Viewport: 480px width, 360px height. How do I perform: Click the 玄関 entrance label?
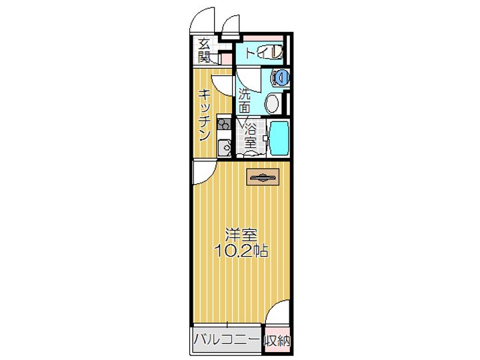pos(203,50)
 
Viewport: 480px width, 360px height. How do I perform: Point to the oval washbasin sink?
pos(272,103)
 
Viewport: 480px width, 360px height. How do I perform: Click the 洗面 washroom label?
pos(245,101)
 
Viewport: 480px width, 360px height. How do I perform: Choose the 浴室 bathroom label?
pos(249,135)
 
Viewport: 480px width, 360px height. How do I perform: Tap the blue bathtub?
pos(279,137)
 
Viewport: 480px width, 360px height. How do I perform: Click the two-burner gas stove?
pos(223,123)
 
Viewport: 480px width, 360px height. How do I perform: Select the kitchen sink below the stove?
pos(225,147)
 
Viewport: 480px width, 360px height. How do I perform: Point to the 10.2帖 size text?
pos(241,251)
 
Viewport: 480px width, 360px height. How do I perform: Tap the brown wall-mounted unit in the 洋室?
pos(263,176)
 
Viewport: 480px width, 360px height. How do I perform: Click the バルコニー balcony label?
pos(227,341)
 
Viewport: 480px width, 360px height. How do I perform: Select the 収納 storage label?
pos(277,341)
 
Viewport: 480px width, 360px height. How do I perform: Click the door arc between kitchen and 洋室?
pos(203,172)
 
